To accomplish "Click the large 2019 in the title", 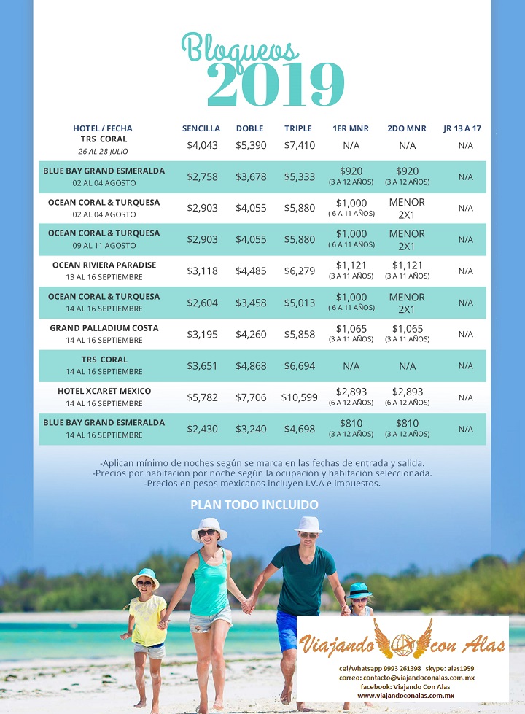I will pyautogui.click(x=275, y=85).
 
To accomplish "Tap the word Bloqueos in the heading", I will pyautogui.click(x=239, y=49).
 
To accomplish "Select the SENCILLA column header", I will pyautogui.click(x=201, y=128).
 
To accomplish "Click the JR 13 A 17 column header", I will pyautogui.click(x=462, y=128).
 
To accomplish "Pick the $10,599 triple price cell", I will pyautogui.click(x=300, y=397).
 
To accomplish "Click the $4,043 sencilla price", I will pyautogui.click(x=202, y=145).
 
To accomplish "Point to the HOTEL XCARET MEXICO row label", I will pyautogui.click(x=104, y=391).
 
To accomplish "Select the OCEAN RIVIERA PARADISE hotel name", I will pyautogui.click(x=104, y=265).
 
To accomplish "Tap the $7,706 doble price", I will pyautogui.click(x=251, y=397).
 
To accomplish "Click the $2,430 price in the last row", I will pyautogui.click(x=202, y=429).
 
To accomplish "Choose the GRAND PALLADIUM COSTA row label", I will pyautogui.click(x=104, y=328).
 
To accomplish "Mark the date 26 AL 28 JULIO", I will pyautogui.click(x=104, y=151).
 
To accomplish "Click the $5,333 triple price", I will pyautogui.click(x=300, y=176).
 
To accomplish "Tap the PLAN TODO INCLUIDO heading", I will pyautogui.click(x=254, y=504).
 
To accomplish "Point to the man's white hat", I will pyautogui.click(x=308, y=524).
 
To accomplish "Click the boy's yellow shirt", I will pyautogui.click(x=147, y=621).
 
